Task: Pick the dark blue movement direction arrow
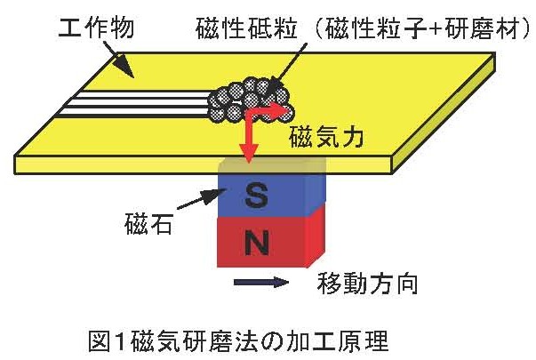click(x=263, y=284)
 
